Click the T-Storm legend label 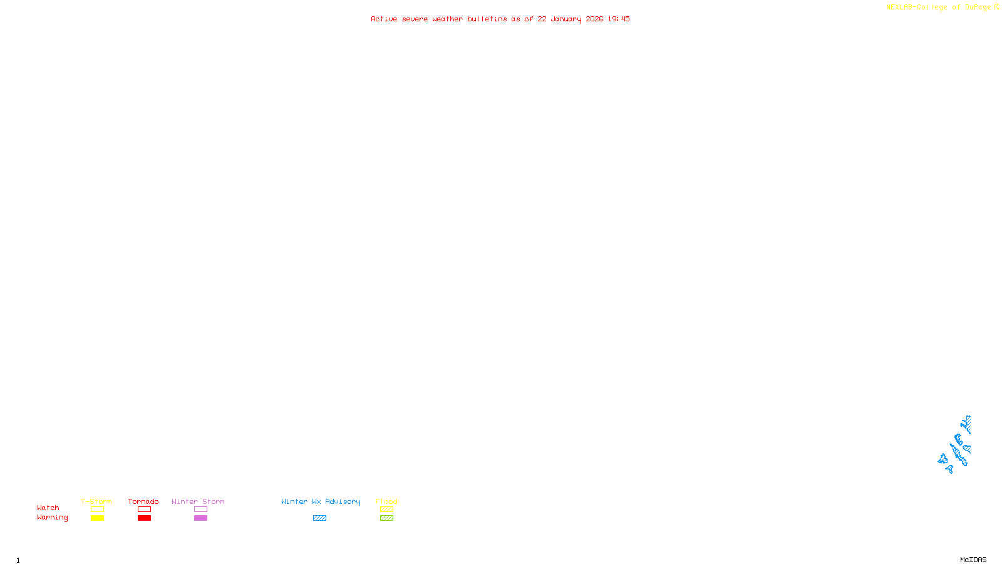pyautogui.click(x=96, y=501)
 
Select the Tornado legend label pyautogui.click(x=143, y=501)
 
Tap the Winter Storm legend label pyautogui.click(x=198, y=501)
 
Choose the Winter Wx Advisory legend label pyautogui.click(x=321, y=501)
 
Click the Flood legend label pyautogui.click(x=386, y=501)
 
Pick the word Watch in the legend pyautogui.click(x=48, y=508)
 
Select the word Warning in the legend pyautogui.click(x=52, y=518)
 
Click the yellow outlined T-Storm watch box pyautogui.click(x=97, y=509)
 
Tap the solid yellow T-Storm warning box pyautogui.click(x=97, y=518)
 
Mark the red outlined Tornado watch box pyautogui.click(x=144, y=509)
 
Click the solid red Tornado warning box pyautogui.click(x=144, y=518)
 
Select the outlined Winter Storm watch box pyautogui.click(x=200, y=509)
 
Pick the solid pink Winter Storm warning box pyautogui.click(x=200, y=518)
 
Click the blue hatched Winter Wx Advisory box pyautogui.click(x=319, y=518)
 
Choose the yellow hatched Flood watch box pyautogui.click(x=386, y=509)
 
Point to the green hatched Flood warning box pyautogui.click(x=386, y=518)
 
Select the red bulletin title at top pyautogui.click(x=500, y=19)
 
